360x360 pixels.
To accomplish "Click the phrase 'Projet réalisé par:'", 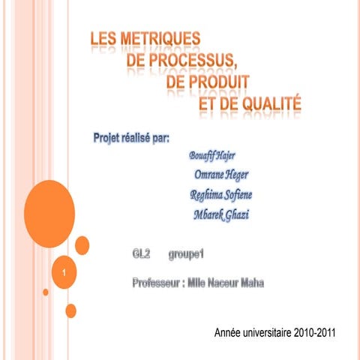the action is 130,139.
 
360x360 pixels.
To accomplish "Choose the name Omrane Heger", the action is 220,175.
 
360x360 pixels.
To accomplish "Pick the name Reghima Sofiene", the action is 220,196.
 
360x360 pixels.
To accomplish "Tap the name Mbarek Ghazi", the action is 220,215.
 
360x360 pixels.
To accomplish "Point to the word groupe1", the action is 187,256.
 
